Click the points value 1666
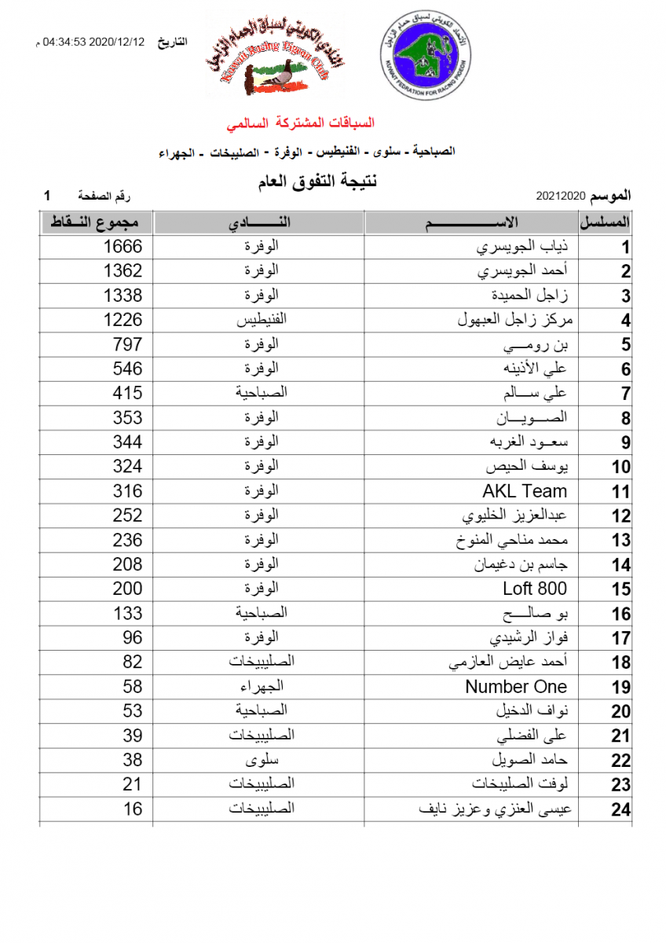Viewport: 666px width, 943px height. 123,247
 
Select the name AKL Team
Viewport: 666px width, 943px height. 525,492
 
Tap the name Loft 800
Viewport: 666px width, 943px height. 535,589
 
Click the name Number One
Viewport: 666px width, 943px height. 516,687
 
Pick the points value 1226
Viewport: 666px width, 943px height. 123,320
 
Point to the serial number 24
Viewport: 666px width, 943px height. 620,810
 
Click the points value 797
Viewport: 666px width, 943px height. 126,344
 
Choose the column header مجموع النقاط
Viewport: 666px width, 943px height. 97,223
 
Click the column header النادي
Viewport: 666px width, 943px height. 259,223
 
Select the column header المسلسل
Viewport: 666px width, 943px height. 606,223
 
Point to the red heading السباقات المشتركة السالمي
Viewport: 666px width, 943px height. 301,123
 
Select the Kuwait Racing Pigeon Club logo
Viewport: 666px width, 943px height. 274,55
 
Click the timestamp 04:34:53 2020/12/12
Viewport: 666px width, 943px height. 93,42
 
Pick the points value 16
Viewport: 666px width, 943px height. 132,809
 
